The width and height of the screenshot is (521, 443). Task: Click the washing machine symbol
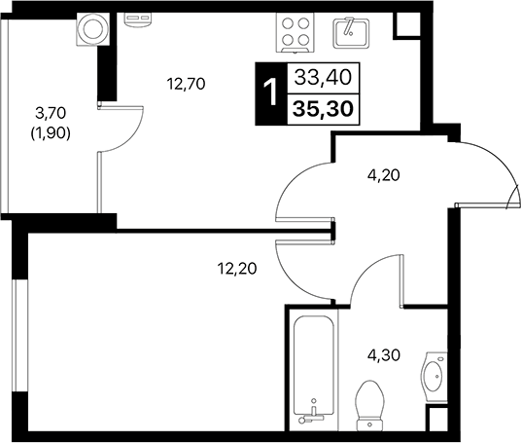(92, 29)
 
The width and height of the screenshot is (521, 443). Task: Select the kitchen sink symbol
(349, 31)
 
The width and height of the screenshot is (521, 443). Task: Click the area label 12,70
(186, 83)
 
